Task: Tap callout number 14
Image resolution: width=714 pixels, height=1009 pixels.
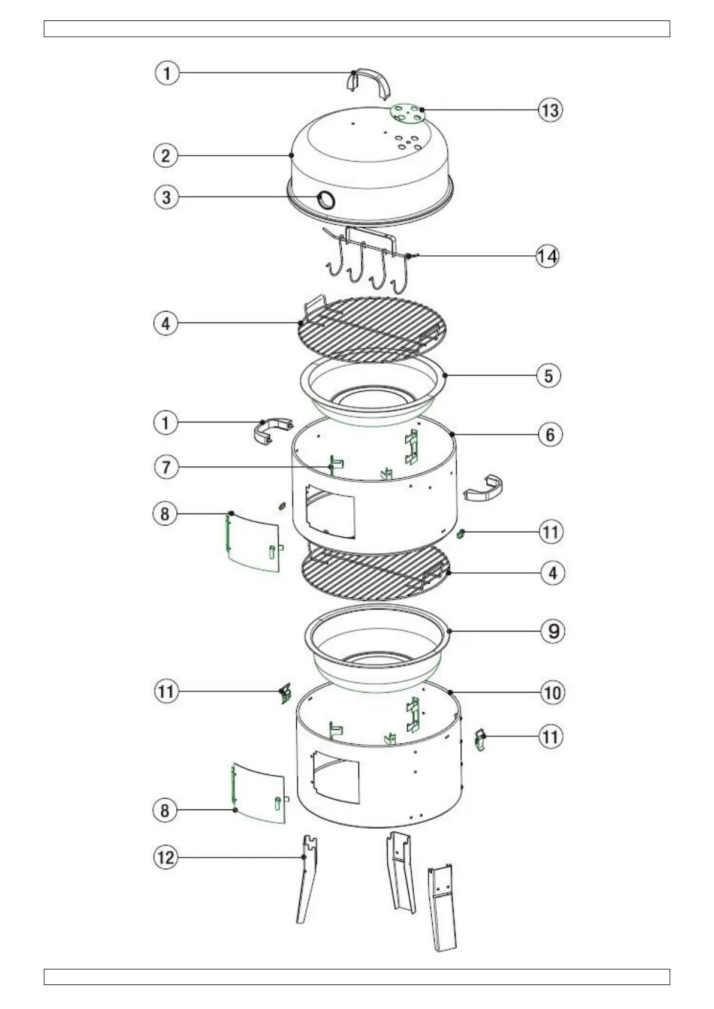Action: [x=547, y=256]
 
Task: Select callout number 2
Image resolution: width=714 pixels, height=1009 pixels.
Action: [x=166, y=156]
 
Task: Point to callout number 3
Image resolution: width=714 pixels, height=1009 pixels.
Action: [x=166, y=198]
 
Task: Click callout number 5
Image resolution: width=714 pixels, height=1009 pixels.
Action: [x=549, y=376]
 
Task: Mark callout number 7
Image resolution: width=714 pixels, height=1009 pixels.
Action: [x=166, y=467]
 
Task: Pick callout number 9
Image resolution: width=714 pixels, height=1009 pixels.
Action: [x=553, y=631]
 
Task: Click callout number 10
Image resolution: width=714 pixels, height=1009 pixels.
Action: [x=552, y=693]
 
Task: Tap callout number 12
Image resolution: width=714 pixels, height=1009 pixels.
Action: [x=166, y=857]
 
